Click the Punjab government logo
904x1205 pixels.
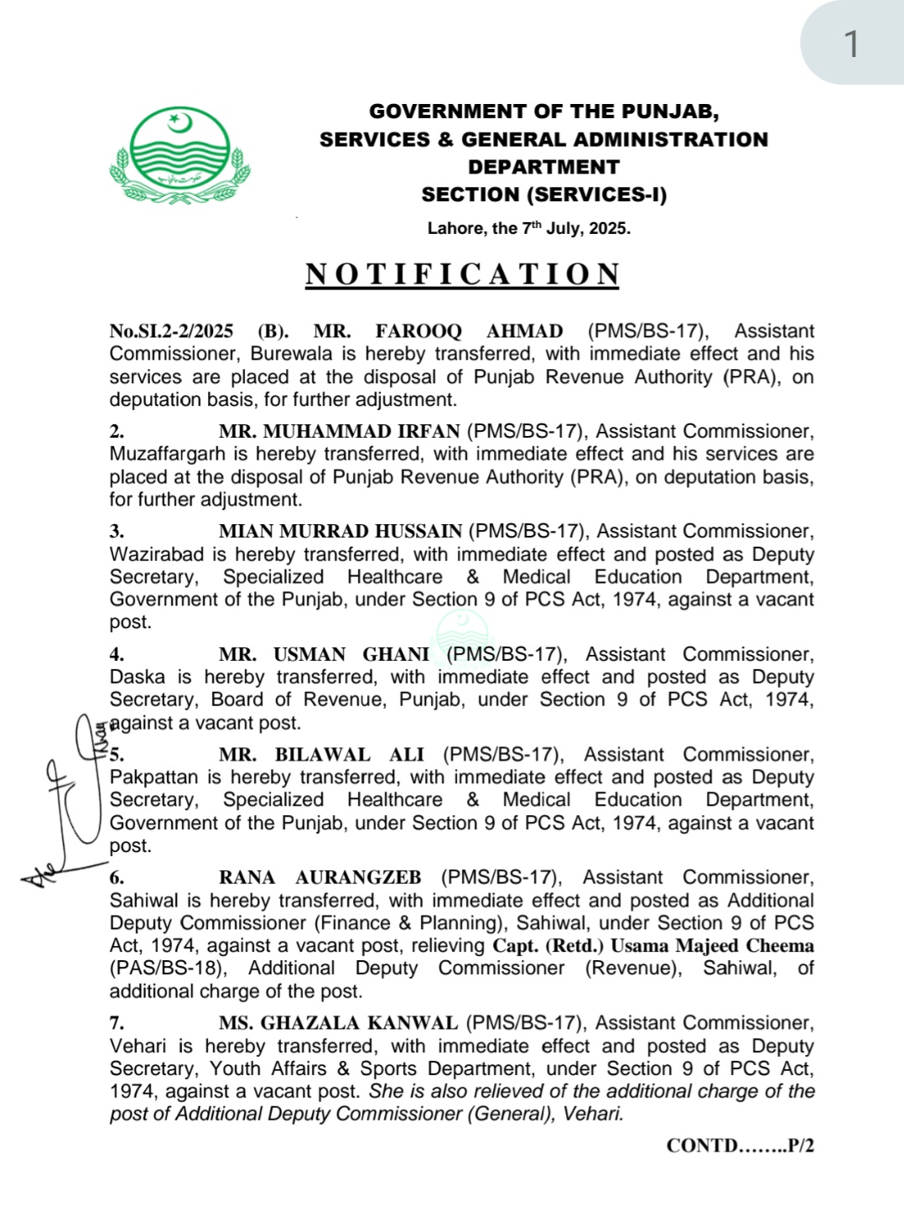tap(179, 155)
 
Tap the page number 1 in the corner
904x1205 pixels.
tap(851, 44)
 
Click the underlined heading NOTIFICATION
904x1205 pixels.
tap(462, 274)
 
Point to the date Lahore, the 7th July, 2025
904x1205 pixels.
tap(528, 228)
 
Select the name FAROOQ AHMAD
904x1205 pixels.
tap(469, 331)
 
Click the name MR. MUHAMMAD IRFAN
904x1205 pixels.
tap(339, 431)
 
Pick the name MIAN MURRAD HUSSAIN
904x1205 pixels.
tap(340, 531)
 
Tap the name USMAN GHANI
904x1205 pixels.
tap(351, 654)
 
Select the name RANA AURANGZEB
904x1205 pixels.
tap(320, 877)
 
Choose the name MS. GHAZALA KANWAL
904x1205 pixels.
tap(338, 1023)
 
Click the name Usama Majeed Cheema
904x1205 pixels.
tap(712, 946)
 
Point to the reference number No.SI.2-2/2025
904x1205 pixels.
tap(171, 331)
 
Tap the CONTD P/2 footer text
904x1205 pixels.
tap(740, 1145)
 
